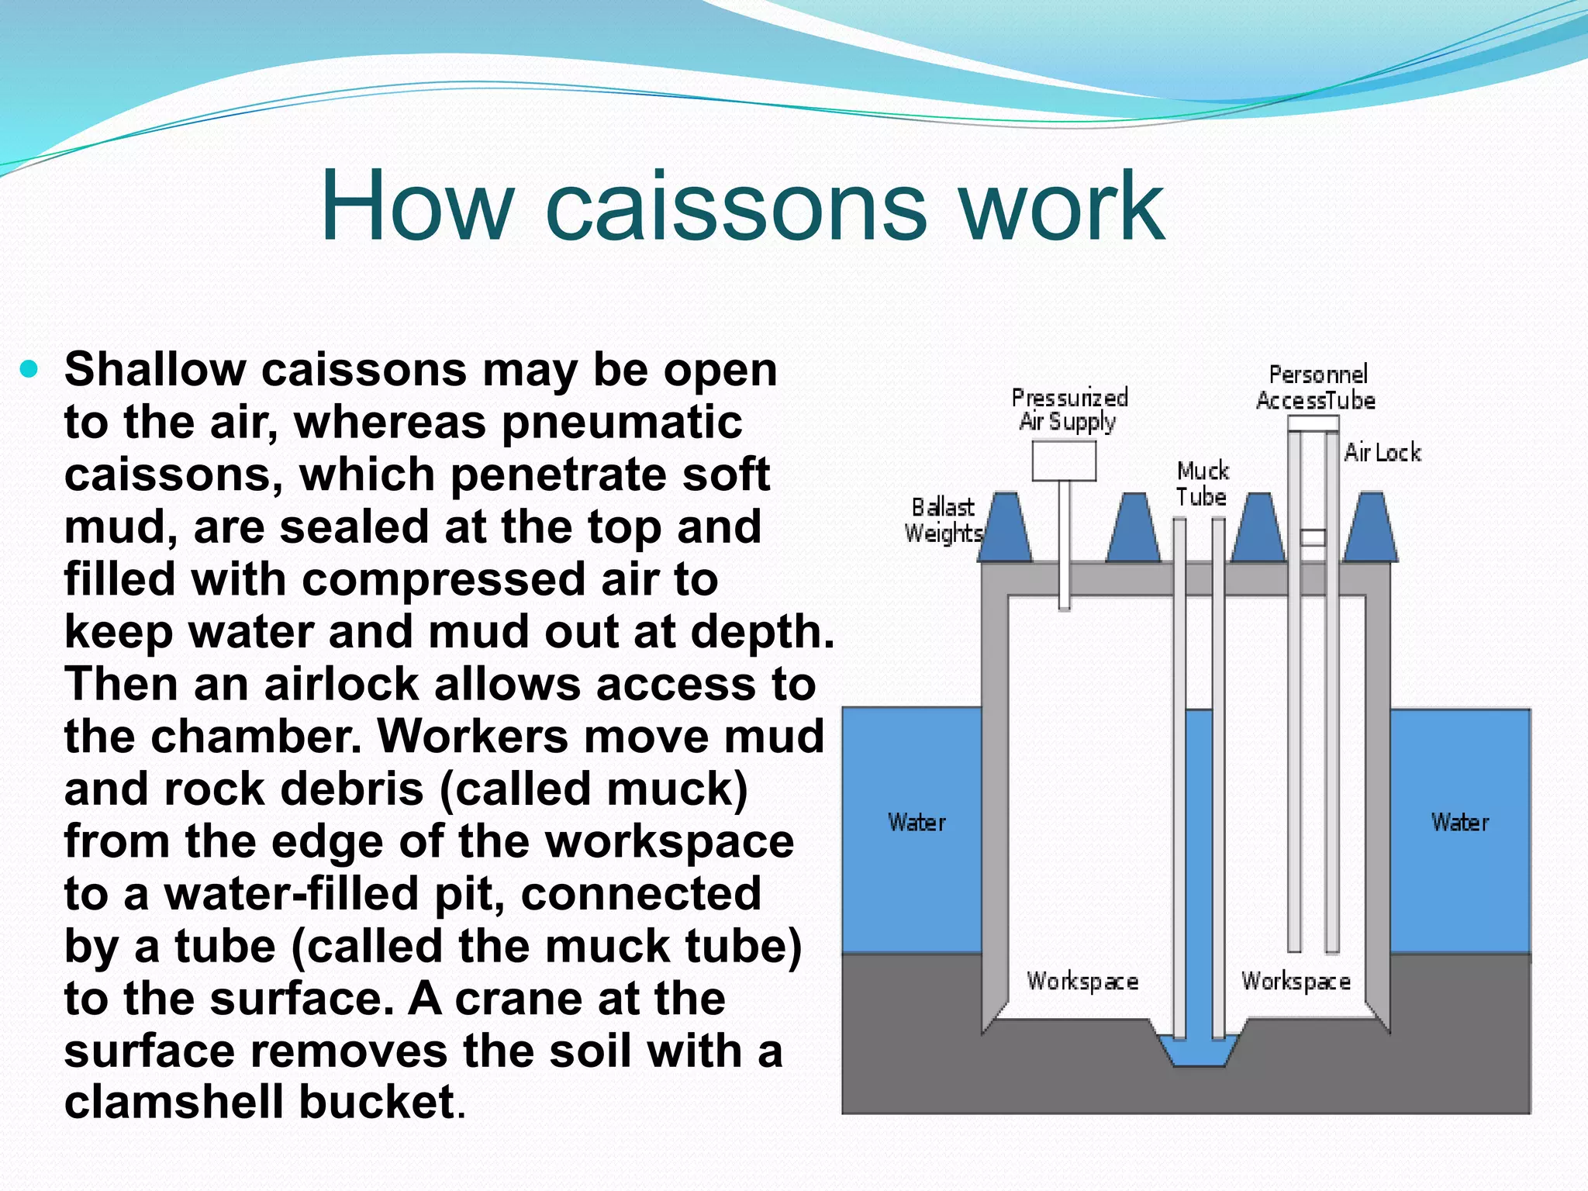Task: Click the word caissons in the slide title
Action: coord(736,208)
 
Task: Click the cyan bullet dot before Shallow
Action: coord(29,370)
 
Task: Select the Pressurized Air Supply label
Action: coord(1068,409)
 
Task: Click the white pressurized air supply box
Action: coord(1064,461)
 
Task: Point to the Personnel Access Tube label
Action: coord(1316,388)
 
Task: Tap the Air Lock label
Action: coord(1383,452)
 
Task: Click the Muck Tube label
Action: coord(1202,483)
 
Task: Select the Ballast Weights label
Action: coord(943,520)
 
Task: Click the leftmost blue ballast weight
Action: coord(1005,529)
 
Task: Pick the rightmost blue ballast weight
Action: coord(1371,529)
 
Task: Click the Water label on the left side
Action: coord(917,822)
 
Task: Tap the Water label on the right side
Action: coord(1460,822)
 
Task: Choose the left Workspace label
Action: coord(1082,982)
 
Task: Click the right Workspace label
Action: coord(1296,982)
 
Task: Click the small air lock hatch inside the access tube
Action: coord(1313,537)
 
